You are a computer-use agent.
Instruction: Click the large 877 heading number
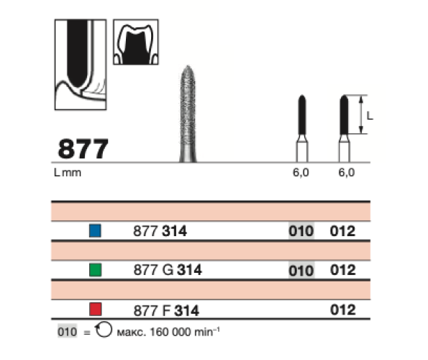[x=83, y=149]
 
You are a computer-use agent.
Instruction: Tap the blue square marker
[x=95, y=230]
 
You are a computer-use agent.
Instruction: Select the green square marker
[x=95, y=270]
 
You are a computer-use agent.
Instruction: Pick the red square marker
[x=95, y=309]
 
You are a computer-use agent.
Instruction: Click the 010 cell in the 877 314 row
[x=301, y=231]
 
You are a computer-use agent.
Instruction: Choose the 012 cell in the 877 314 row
[x=342, y=231]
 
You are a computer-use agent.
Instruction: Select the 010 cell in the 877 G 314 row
[x=301, y=271]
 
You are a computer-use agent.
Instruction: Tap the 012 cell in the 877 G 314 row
[x=343, y=270]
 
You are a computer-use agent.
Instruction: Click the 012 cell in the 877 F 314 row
[x=343, y=310]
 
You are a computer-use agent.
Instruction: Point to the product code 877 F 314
[x=166, y=310]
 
